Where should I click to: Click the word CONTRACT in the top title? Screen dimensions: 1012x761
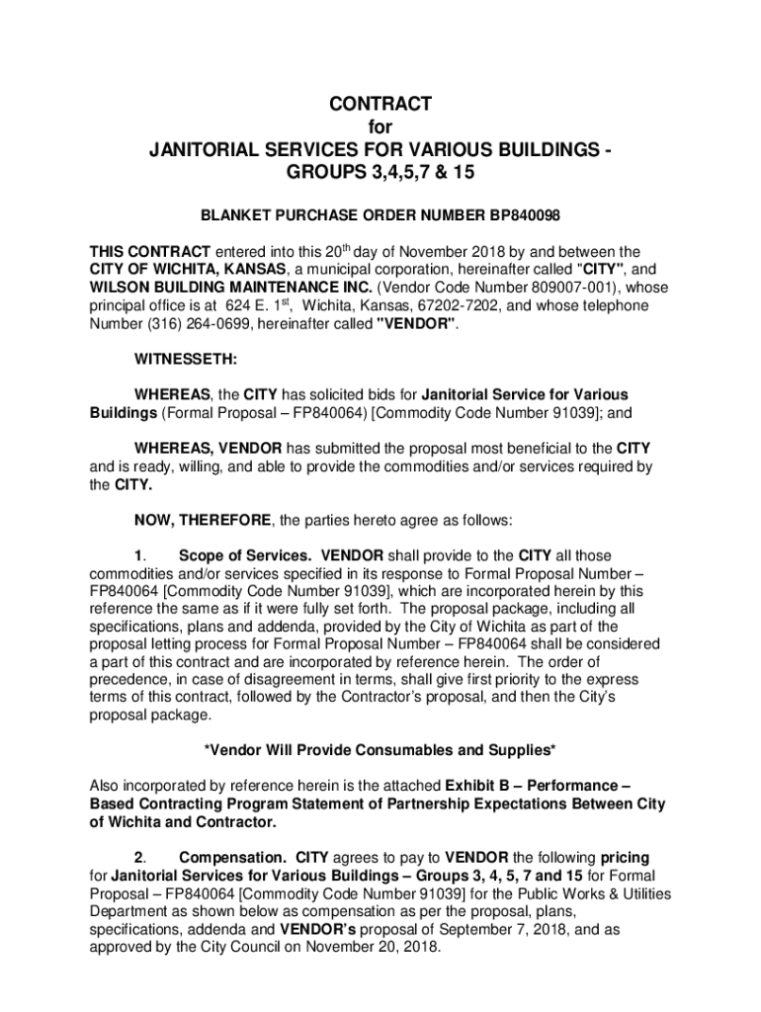click(x=380, y=104)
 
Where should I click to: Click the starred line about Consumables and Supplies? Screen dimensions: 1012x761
click(x=380, y=750)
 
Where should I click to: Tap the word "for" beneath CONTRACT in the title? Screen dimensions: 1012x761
click(x=380, y=127)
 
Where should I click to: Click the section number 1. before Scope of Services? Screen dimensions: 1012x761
click(x=141, y=556)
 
